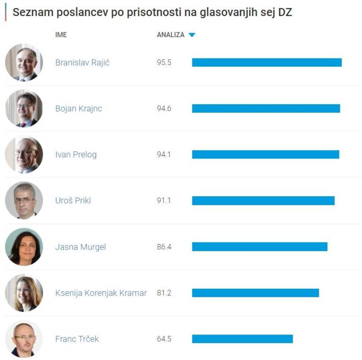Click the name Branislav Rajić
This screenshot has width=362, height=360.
tap(82, 63)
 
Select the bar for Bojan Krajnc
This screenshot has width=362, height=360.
tap(266, 109)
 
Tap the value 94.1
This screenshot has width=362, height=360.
tap(164, 154)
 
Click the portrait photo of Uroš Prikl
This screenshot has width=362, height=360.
tap(24, 201)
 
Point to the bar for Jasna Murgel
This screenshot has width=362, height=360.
tap(259, 247)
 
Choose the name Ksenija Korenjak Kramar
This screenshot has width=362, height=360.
tap(101, 293)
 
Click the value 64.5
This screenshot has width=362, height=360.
tap(164, 339)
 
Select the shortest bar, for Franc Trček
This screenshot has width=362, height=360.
tap(242, 339)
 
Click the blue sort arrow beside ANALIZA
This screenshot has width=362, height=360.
tap(192, 35)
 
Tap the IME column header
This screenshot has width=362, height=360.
tap(61, 35)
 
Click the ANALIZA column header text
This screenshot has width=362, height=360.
tap(171, 35)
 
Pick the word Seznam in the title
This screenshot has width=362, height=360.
tap(28, 12)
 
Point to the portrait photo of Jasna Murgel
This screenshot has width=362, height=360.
tap(24, 247)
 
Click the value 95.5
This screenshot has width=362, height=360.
tap(164, 63)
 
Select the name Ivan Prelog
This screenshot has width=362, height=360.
tap(76, 154)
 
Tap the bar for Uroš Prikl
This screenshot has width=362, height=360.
tap(263, 201)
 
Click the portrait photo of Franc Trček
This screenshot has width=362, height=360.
tap(24, 339)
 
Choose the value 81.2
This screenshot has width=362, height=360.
tap(164, 293)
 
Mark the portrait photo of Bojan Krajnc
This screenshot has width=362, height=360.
tap(24, 109)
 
